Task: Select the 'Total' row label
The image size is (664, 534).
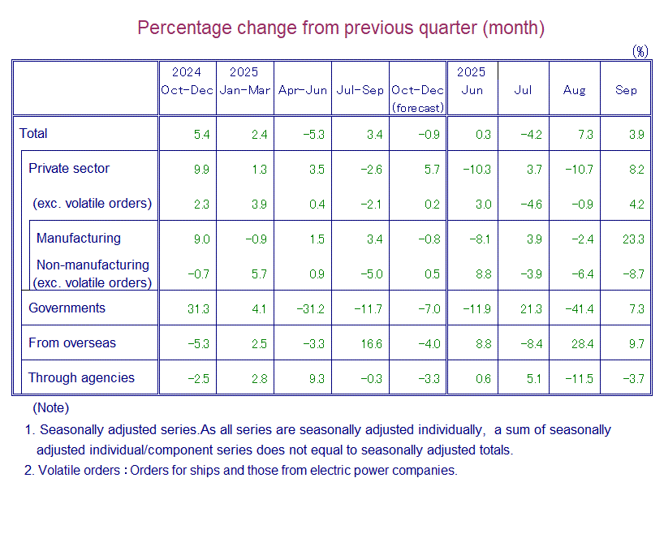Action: (x=34, y=134)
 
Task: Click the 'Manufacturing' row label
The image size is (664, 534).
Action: (x=78, y=239)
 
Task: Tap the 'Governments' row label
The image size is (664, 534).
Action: (x=67, y=308)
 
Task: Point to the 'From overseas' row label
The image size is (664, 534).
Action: (x=71, y=343)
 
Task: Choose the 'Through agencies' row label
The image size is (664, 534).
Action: (x=81, y=378)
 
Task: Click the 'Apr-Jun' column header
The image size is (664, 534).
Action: (x=302, y=90)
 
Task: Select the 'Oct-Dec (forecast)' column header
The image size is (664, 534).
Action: (x=417, y=98)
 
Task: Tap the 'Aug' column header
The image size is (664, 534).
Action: (x=574, y=90)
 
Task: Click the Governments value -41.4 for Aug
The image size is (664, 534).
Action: (x=580, y=309)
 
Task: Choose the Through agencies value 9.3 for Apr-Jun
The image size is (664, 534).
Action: (x=317, y=379)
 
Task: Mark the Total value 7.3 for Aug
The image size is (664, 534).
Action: (x=584, y=135)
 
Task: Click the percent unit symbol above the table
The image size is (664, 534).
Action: (x=640, y=51)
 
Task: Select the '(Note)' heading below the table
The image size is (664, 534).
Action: (x=50, y=408)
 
